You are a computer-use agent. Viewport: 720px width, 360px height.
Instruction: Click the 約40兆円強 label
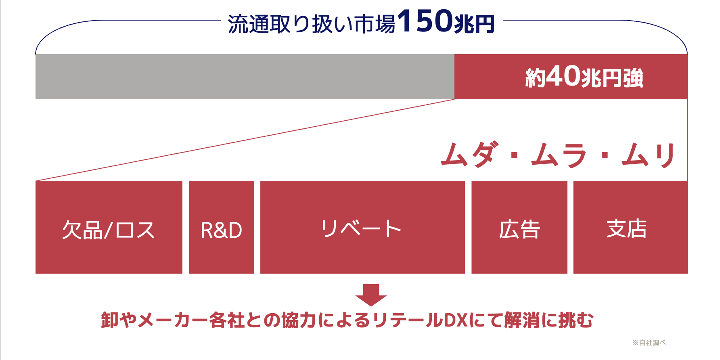coord(584,77)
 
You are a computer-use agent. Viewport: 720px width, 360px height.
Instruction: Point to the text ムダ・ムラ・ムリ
coord(559,155)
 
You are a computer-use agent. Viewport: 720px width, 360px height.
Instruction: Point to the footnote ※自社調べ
coord(649,343)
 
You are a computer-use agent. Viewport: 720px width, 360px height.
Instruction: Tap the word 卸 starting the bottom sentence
coord(110,320)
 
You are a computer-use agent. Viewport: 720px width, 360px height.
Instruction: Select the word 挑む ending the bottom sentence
coord(576,320)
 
